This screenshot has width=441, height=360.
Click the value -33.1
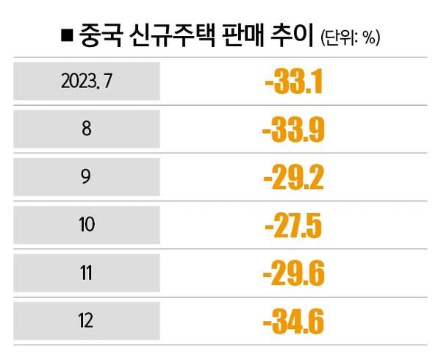click(294, 82)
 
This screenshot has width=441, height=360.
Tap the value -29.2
click(294, 179)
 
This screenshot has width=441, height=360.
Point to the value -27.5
click(294, 226)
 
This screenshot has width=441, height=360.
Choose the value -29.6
click(294, 274)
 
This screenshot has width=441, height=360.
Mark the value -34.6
click(294, 322)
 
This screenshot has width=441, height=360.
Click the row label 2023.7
click(87, 82)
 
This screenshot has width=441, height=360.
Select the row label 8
click(87, 129)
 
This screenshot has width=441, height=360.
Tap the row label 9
click(87, 178)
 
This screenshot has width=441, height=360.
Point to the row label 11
click(87, 273)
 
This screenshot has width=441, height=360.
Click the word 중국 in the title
click(100, 34)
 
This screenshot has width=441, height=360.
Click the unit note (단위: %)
click(351, 36)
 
